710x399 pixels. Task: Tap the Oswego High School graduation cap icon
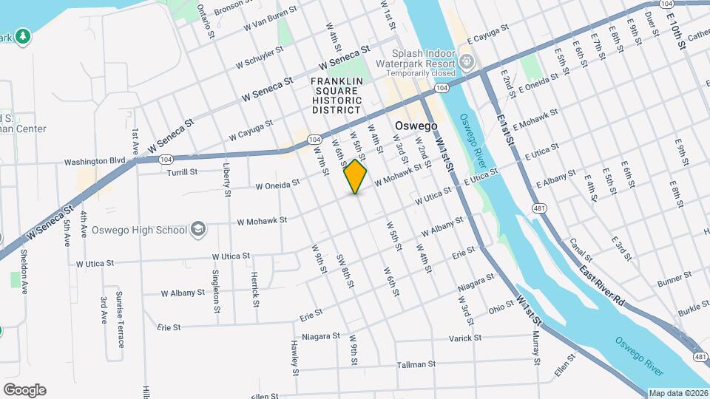point(197,229)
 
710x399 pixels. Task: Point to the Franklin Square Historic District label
point(337,95)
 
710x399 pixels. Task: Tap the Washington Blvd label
point(95,160)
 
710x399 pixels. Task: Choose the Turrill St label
point(182,172)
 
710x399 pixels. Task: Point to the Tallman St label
point(412,364)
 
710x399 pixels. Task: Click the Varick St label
point(464,338)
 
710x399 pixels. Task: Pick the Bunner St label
point(674,278)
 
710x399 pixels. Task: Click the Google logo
point(24,389)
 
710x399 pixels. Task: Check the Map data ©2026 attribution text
point(678,393)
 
